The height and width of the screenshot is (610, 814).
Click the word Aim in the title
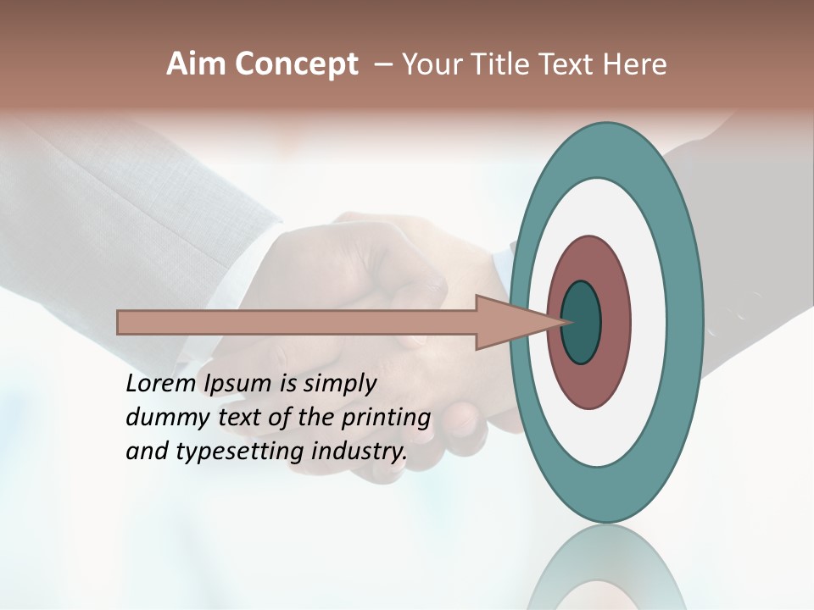coord(197,64)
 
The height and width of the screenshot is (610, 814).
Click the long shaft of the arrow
coord(297,323)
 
